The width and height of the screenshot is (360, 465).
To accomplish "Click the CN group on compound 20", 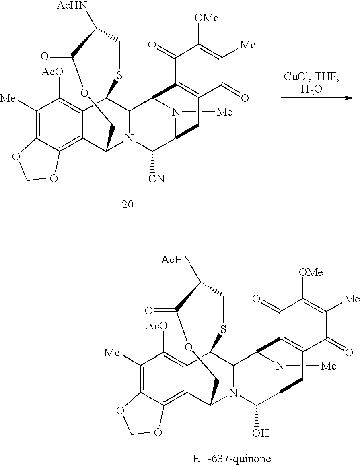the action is (x=156, y=178).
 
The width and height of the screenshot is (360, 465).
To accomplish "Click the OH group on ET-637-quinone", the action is (x=260, y=433).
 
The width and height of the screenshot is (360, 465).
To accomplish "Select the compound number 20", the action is (x=128, y=205).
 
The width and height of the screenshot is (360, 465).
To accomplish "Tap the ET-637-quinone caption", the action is (x=232, y=459).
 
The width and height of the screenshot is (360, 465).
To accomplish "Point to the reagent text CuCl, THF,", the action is (x=311, y=77).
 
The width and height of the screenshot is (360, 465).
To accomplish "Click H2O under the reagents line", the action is (x=311, y=89).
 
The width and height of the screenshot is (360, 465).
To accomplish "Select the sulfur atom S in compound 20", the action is (x=119, y=75).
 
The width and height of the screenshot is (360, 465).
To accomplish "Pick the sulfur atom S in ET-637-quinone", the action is (x=224, y=329).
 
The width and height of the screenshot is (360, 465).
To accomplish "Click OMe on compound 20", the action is (x=206, y=18).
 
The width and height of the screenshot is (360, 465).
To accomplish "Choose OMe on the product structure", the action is (x=311, y=272).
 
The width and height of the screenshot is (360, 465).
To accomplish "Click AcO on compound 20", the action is (x=52, y=72).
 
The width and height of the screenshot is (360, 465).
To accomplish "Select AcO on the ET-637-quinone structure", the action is (x=157, y=326).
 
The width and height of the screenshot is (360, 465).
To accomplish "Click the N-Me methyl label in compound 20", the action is (x=224, y=112).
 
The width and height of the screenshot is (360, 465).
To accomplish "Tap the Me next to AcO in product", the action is (x=112, y=353).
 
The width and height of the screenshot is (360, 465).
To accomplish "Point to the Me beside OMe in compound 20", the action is (x=248, y=45).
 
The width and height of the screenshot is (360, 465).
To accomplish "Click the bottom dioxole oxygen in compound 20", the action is (x=53, y=178).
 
